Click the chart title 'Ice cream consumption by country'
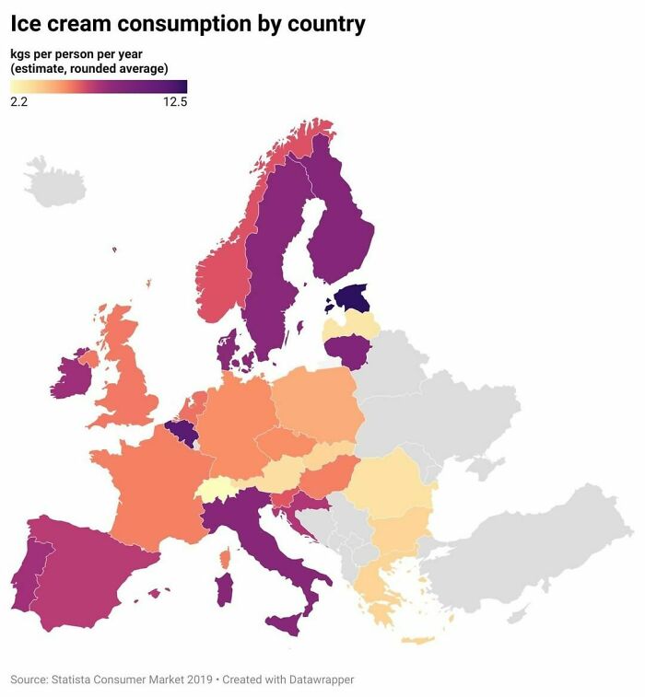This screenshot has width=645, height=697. [188, 24]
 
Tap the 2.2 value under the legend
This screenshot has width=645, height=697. [18, 102]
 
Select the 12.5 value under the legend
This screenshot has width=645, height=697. [175, 102]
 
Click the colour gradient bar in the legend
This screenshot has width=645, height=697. [99, 87]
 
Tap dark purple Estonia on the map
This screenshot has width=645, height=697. [352, 298]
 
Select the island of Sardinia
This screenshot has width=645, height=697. [223, 589]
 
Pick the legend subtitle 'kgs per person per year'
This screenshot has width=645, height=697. [76, 53]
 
